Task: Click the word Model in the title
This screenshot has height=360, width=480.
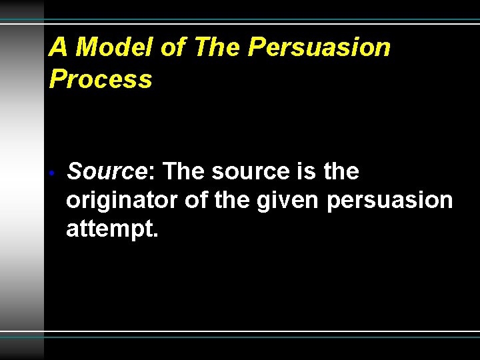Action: [x=117, y=47]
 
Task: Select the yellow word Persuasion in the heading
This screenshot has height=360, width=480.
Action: [x=319, y=47]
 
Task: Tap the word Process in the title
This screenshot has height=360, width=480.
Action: [x=101, y=79]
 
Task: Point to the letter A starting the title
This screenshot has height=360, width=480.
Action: [x=59, y=47]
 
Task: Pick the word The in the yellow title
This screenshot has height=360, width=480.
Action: [x=217, y=47]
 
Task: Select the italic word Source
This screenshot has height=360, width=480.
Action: [x=107, y=172]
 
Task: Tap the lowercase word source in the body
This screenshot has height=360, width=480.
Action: [x=251, y=172]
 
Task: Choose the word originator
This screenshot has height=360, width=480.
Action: [x=122, y=201]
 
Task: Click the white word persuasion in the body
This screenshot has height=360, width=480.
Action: [x=389, y=201]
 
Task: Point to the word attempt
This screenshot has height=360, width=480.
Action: [x=109, y=229]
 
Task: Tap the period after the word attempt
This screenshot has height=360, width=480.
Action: [x=156, y=235]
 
